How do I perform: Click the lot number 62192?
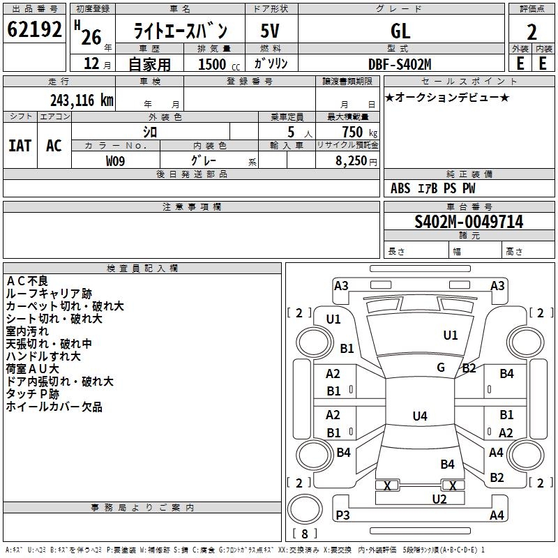(34, 29)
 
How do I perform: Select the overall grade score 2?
(531, 32)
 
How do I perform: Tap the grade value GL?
(400, 31)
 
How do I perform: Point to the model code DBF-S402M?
(400, 64)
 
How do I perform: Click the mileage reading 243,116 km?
(82, 100)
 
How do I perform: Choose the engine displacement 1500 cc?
(219, 64)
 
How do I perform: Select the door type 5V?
(270, 31)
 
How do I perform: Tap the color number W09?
(115, 161)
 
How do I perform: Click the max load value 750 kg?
(359, 132)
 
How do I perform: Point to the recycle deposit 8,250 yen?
(356, 161)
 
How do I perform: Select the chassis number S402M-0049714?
(469, 222)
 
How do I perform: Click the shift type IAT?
(20, 146)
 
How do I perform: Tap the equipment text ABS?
(400, 188)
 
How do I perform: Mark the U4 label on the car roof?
(420, 416)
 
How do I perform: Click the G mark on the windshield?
(441, 368)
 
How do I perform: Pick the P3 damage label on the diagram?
(342, 515)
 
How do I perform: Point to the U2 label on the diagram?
(439, 499)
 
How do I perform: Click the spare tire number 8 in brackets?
(305, 534)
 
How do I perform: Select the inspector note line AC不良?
(27, 281)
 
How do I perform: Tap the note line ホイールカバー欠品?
(54, 407)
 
